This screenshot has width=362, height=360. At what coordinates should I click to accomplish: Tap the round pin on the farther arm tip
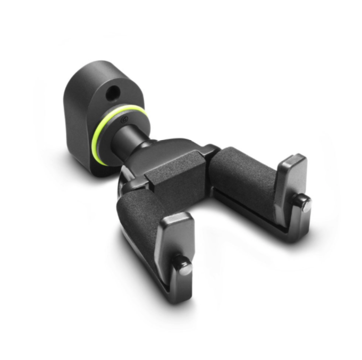(x=304, y=203)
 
